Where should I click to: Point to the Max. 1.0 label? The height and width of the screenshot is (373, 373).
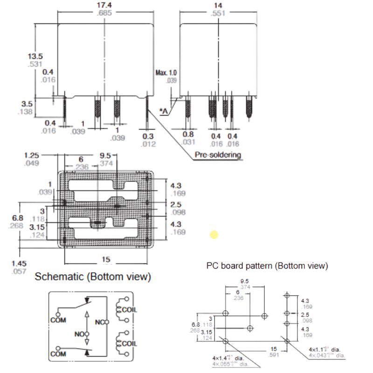(166, 73)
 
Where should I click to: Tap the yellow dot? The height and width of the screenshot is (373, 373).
(214, 235)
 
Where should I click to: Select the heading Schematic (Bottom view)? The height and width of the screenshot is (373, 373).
(93, 277)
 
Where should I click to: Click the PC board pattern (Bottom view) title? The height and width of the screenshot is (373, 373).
(267, 266)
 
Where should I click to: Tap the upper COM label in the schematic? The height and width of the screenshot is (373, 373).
(59, 320)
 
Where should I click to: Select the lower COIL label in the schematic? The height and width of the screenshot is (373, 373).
(129, 344)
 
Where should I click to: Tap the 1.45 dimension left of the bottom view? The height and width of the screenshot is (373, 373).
(20, 263)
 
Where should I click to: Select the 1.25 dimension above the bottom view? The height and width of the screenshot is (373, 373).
(32, 155)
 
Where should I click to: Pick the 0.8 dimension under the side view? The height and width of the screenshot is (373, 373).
(188, 135)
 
